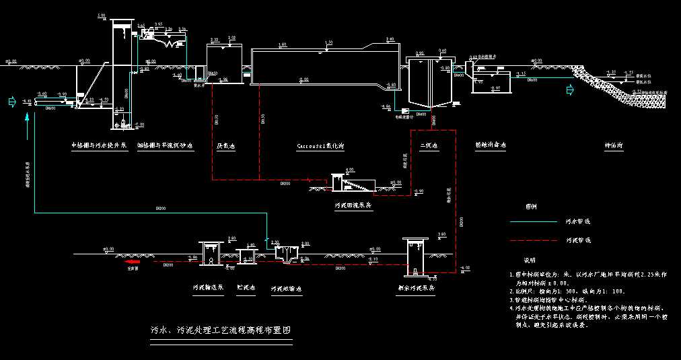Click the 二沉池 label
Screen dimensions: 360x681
coord(429,145)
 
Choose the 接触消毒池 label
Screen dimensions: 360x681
coord(490,145)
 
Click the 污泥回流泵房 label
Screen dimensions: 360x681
coord(353,206)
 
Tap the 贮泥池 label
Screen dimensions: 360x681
coord(246,287)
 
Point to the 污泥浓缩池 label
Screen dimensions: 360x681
coord(287,288)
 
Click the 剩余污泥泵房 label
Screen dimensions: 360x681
coord(416,288)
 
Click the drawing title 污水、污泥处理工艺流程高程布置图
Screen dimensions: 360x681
coord(221,331)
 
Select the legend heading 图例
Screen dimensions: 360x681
coord(531,207)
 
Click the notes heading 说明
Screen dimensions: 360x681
coord(530,260)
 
